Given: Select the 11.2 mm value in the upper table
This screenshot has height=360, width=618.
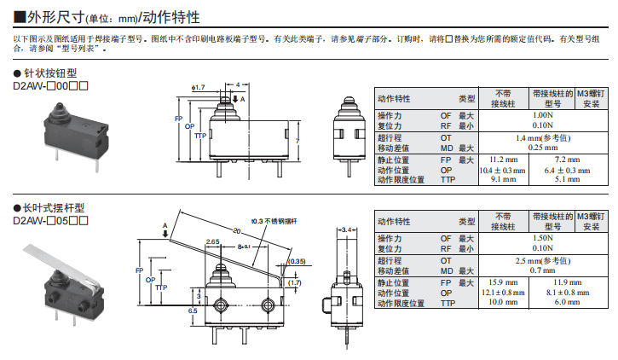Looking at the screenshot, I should click(x=502, y=160).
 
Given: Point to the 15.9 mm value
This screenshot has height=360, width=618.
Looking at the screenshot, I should click(x=502, y=282).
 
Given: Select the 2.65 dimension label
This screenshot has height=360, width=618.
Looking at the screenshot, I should click(x=213, y=242).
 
